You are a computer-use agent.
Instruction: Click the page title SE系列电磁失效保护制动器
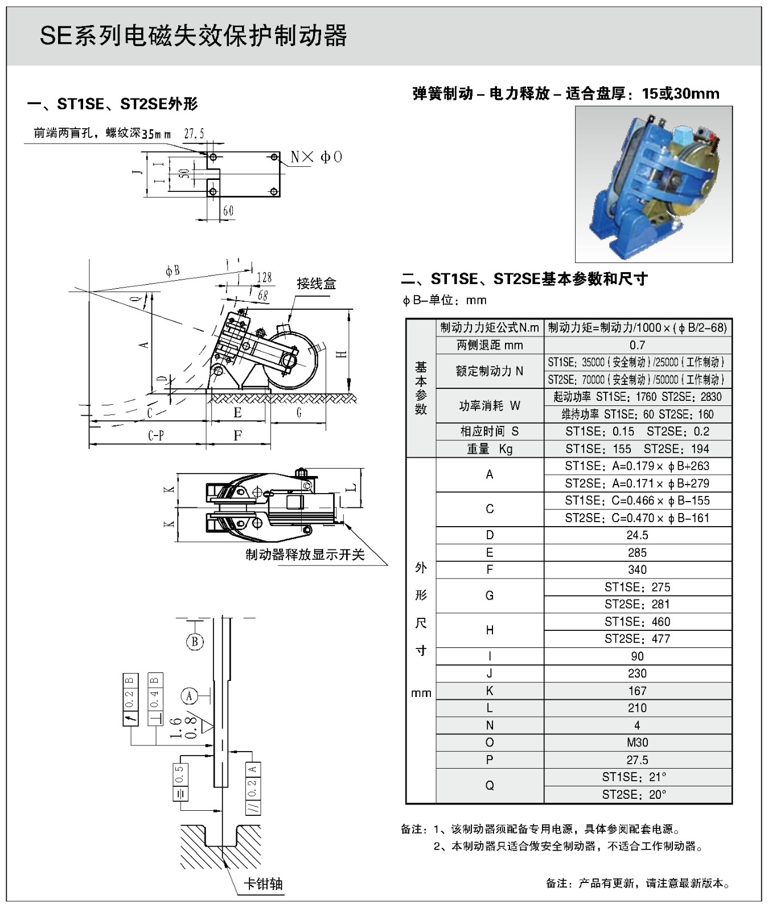point(193,36)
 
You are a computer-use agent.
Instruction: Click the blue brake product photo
point(653,183)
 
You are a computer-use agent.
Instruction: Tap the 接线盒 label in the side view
point(316,283)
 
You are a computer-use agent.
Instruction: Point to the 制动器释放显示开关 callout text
point(305,554)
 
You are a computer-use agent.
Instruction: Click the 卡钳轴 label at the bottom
point(263,884)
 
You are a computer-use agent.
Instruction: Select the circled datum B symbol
point(195,642)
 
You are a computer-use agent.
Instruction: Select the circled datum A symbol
point(190,696)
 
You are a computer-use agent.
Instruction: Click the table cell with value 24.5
point(637,535)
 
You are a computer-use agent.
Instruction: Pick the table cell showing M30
point(637,742)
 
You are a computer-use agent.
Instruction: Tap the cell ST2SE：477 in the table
point(637,639)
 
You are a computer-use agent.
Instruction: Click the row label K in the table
point(489,691)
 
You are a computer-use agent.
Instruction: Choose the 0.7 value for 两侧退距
point(637,345)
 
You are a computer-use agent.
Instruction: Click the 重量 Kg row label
point(489,449)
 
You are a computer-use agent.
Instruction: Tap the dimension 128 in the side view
point(264,277)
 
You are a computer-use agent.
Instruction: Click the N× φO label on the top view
point(316,157)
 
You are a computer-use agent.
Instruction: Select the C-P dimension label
point(156,436)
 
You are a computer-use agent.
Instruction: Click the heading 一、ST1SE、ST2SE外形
point(113,104)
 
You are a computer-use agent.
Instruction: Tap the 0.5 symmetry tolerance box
point(180,780)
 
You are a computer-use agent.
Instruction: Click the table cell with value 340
point(637,570)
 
